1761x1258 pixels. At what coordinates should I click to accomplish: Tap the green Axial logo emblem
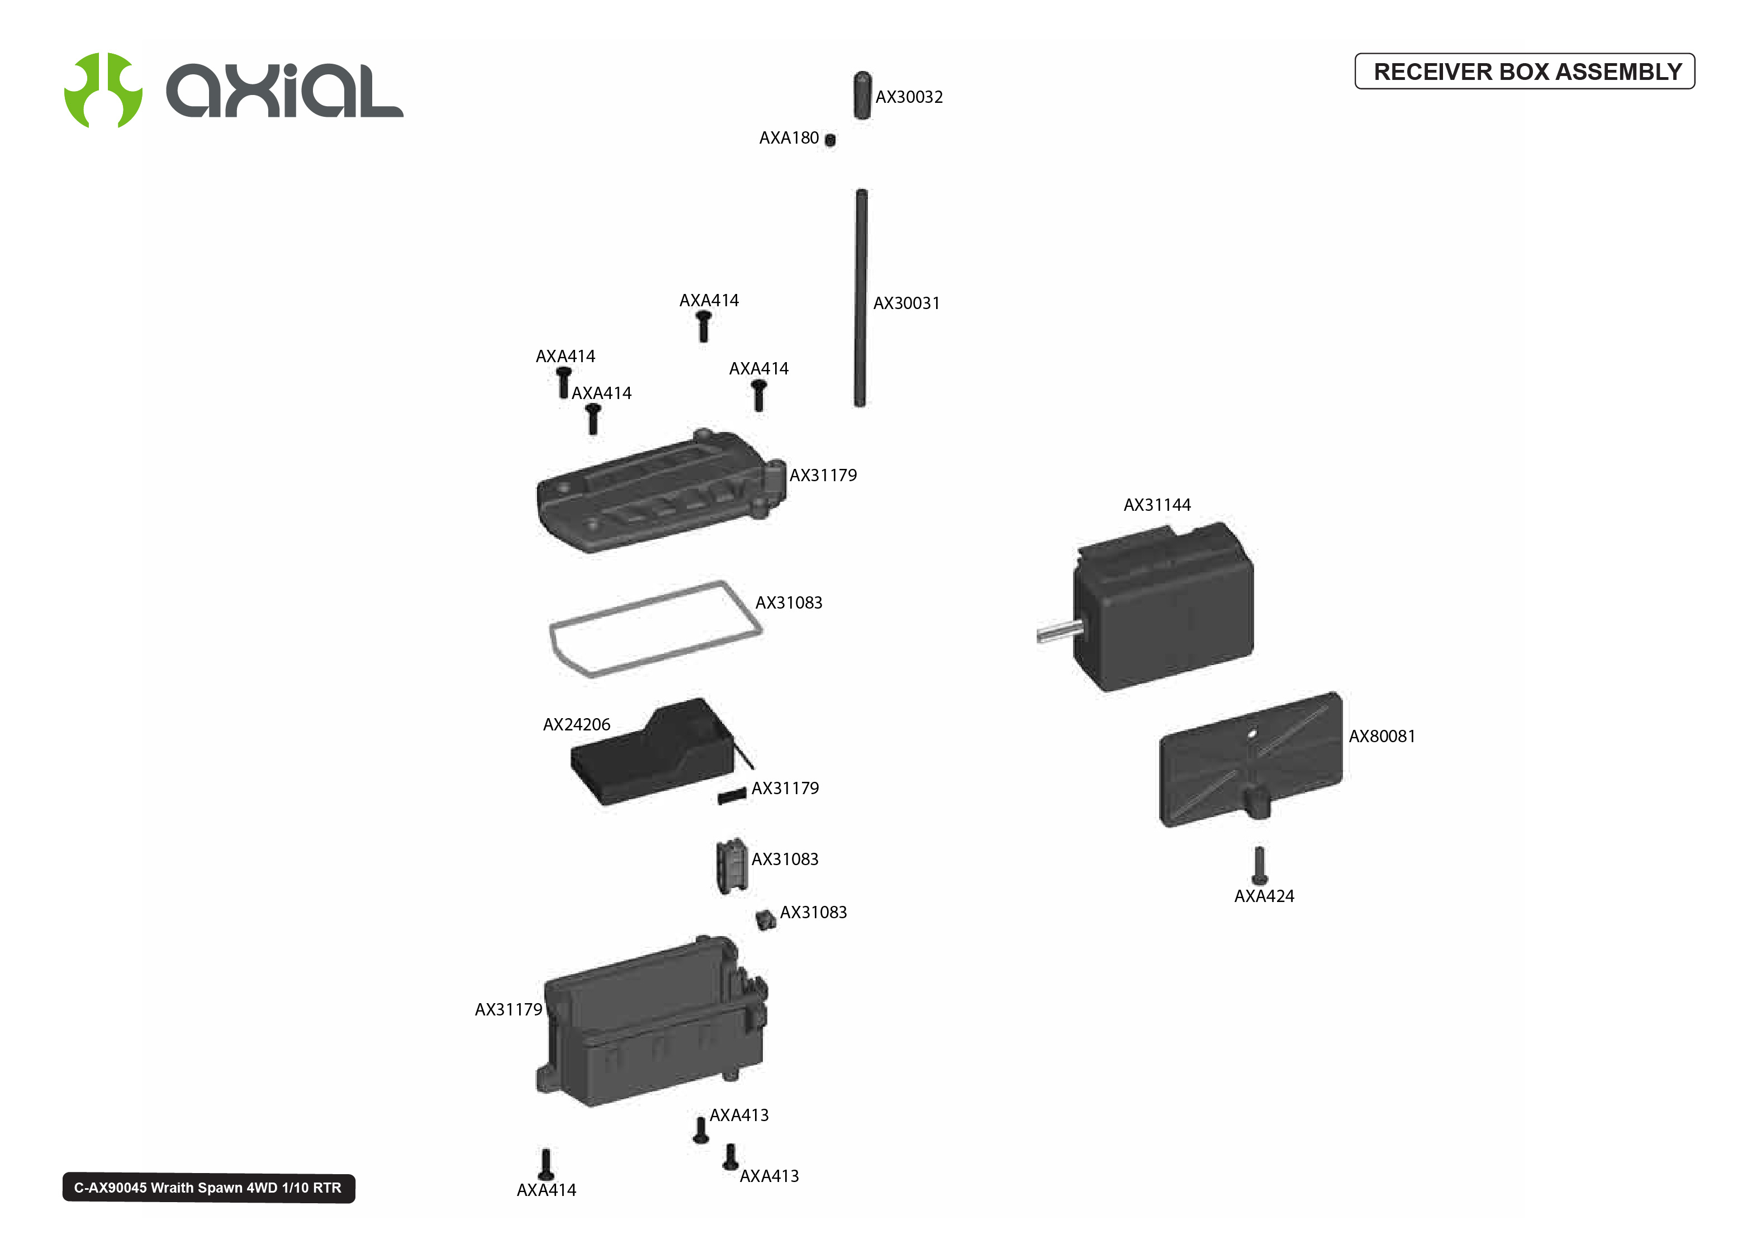[x=103, y=91]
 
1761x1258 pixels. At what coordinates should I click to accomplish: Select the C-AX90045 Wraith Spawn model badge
[x=208, y=1188]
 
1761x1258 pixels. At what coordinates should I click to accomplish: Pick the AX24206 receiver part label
[x=576, y=725]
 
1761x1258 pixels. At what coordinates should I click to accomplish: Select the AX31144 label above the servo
[x=1157, y=505]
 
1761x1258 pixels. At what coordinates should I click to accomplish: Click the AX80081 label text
[x=1382, y=737]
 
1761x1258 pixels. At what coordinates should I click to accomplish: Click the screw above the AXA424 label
[x=1259, y=865]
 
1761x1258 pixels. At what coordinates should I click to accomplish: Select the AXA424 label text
[x=1264, y=897]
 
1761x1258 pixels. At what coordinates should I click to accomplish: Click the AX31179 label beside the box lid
[x=823, y=476]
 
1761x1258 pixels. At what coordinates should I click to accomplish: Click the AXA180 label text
[x=789, y=138]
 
